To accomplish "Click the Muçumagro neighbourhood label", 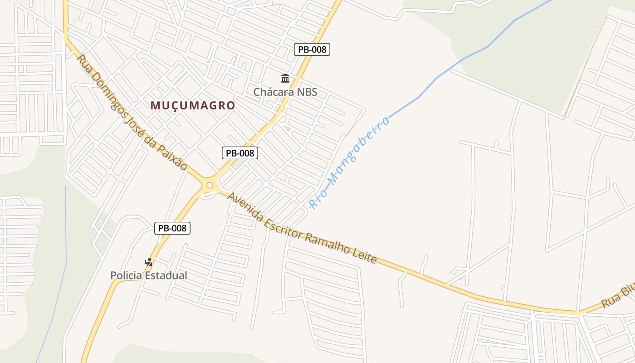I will point(193,106).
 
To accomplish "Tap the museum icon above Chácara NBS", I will point(285,78).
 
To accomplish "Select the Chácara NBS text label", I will point(285,92).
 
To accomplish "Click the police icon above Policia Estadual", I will point(149,262).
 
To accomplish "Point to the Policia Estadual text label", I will point(149,275).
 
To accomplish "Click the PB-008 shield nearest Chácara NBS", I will point(312,49).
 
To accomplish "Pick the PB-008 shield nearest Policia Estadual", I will point(172,228).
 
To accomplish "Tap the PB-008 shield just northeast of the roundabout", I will point(240,153).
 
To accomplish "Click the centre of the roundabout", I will point(209,185).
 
